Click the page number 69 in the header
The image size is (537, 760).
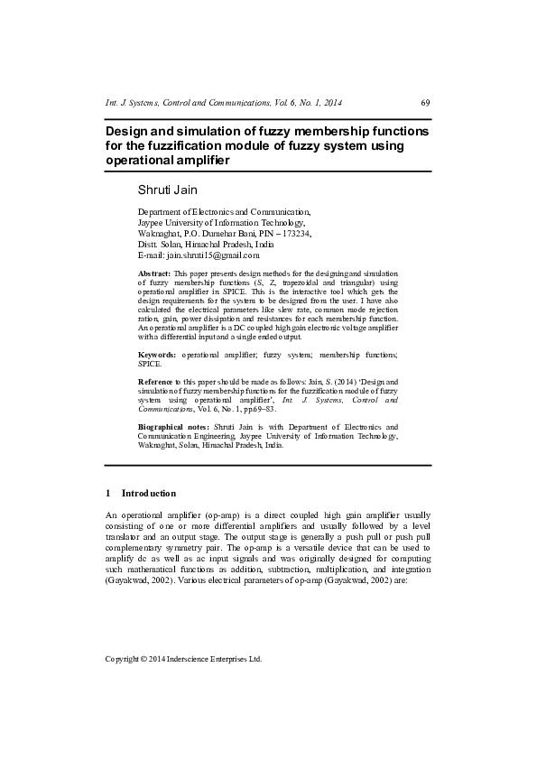[x=426, y=104]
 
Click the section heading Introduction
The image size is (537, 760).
[x=149, y=494]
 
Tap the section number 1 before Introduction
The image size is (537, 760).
[x=108, y=494]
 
